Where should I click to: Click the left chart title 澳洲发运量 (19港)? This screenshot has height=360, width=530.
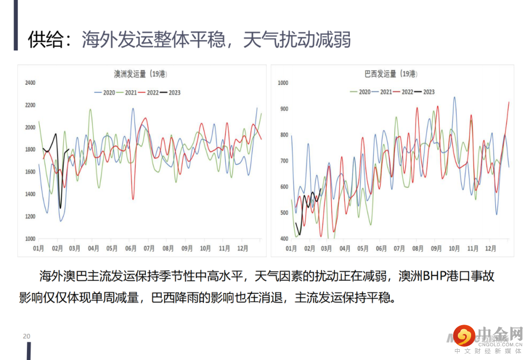coord(140,75)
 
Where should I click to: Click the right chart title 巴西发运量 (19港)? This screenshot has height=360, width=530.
coord(391,74)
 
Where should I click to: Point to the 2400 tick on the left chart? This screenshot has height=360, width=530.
coord(30,83)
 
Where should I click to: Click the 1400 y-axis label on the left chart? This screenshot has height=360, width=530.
coord(30,194)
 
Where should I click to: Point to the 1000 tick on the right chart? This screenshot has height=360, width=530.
coord(282,83)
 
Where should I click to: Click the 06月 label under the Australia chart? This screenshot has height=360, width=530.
coord(131,249)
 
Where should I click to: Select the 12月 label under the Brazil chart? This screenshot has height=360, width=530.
coord(490,249)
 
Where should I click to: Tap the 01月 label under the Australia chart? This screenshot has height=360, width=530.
coord(39,249)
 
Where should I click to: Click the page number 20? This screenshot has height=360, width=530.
coord(26,336)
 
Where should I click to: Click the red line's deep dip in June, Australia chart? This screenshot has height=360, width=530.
coord(132,199)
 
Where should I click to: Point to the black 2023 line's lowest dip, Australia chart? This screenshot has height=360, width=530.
coord(60,208)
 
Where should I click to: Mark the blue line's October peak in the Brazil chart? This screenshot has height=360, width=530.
coord(454,97)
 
